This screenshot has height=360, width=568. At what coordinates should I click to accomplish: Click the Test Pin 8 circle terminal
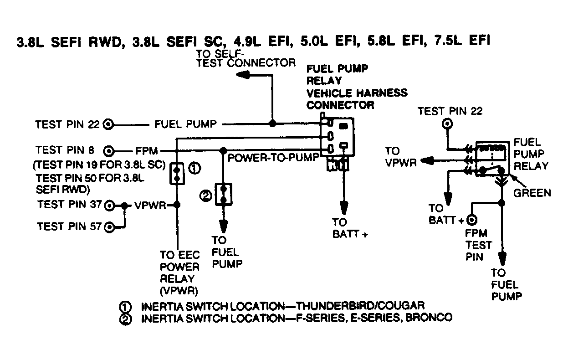[x=108, y=150]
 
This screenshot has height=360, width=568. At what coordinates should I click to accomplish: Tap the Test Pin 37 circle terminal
[x=109, y=206]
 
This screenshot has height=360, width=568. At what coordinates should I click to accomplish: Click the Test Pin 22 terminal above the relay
[x=448, y=124]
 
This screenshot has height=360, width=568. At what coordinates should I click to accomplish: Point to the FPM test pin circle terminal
[x=471, y=221]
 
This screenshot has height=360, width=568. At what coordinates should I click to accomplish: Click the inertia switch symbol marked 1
[x=176, y=174]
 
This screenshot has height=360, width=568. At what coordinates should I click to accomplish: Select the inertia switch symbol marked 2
[x=224, y=194]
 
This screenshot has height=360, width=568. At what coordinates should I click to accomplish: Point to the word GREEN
[x=532, y=193]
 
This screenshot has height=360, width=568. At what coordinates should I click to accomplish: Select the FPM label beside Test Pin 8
[x=146, y=151]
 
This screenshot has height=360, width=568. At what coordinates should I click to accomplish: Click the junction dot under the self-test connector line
[x=272, y=123]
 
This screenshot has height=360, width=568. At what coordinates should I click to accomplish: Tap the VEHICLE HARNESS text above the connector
[x=357, y=93]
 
